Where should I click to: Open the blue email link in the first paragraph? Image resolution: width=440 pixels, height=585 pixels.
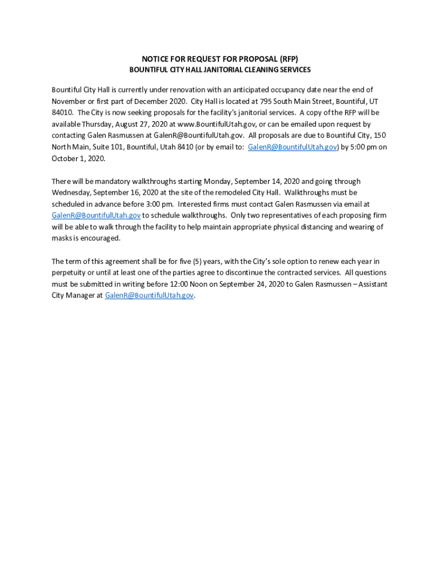293,147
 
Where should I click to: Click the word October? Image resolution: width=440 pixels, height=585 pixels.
65,158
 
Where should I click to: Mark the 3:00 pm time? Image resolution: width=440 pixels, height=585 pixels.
159,204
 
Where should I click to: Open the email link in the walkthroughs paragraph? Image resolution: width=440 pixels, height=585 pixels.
96,215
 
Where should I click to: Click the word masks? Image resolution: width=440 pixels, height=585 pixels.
62,238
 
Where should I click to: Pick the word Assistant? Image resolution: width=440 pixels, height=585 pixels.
369,284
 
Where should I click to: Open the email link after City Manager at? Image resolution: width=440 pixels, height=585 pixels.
149,295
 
